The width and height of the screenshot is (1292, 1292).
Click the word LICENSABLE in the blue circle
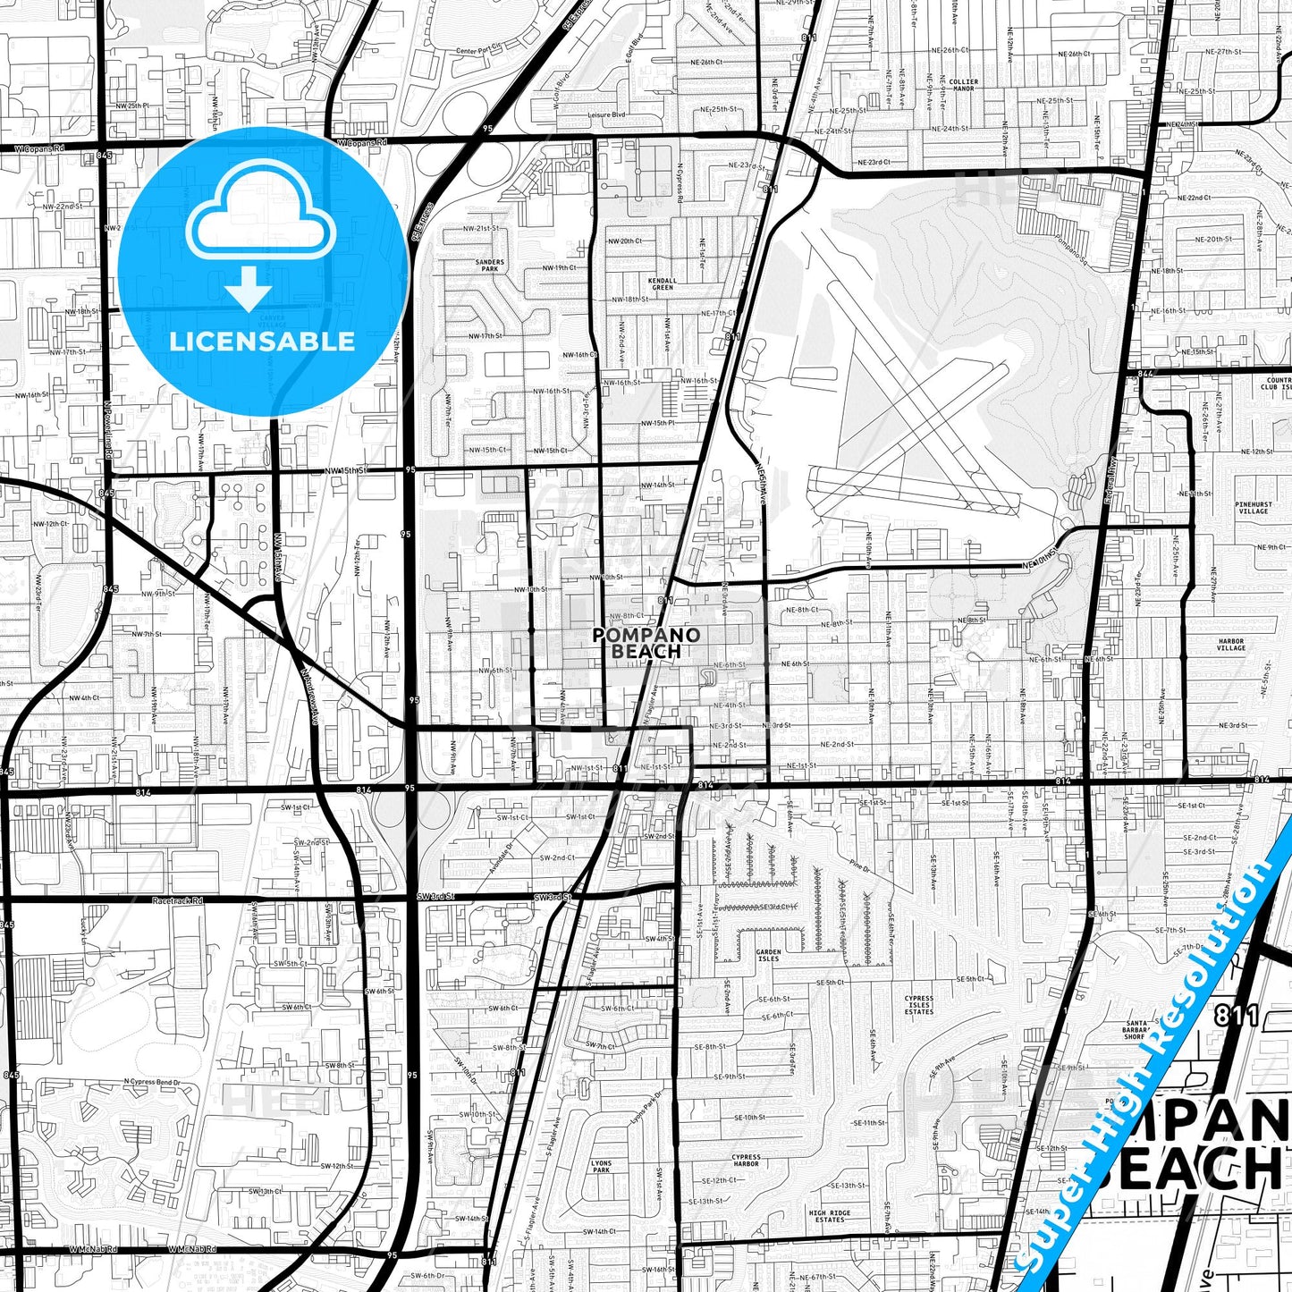coord(262,342)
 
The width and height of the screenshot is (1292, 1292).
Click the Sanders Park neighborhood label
coord(489,266)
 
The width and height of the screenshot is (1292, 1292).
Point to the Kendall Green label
coord(663,283)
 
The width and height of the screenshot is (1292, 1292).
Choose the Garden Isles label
coord(768,956)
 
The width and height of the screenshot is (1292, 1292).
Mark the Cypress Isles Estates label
coord(918,1005)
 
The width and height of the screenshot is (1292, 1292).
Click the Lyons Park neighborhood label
coord(601,1166)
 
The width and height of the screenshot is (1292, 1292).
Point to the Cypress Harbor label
coord(746,1161)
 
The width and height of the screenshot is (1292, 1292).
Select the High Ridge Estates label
coord(830,1216)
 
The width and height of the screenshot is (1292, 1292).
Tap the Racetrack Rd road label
coord(178,901)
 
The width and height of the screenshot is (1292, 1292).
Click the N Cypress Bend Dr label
coord(151,1083)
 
